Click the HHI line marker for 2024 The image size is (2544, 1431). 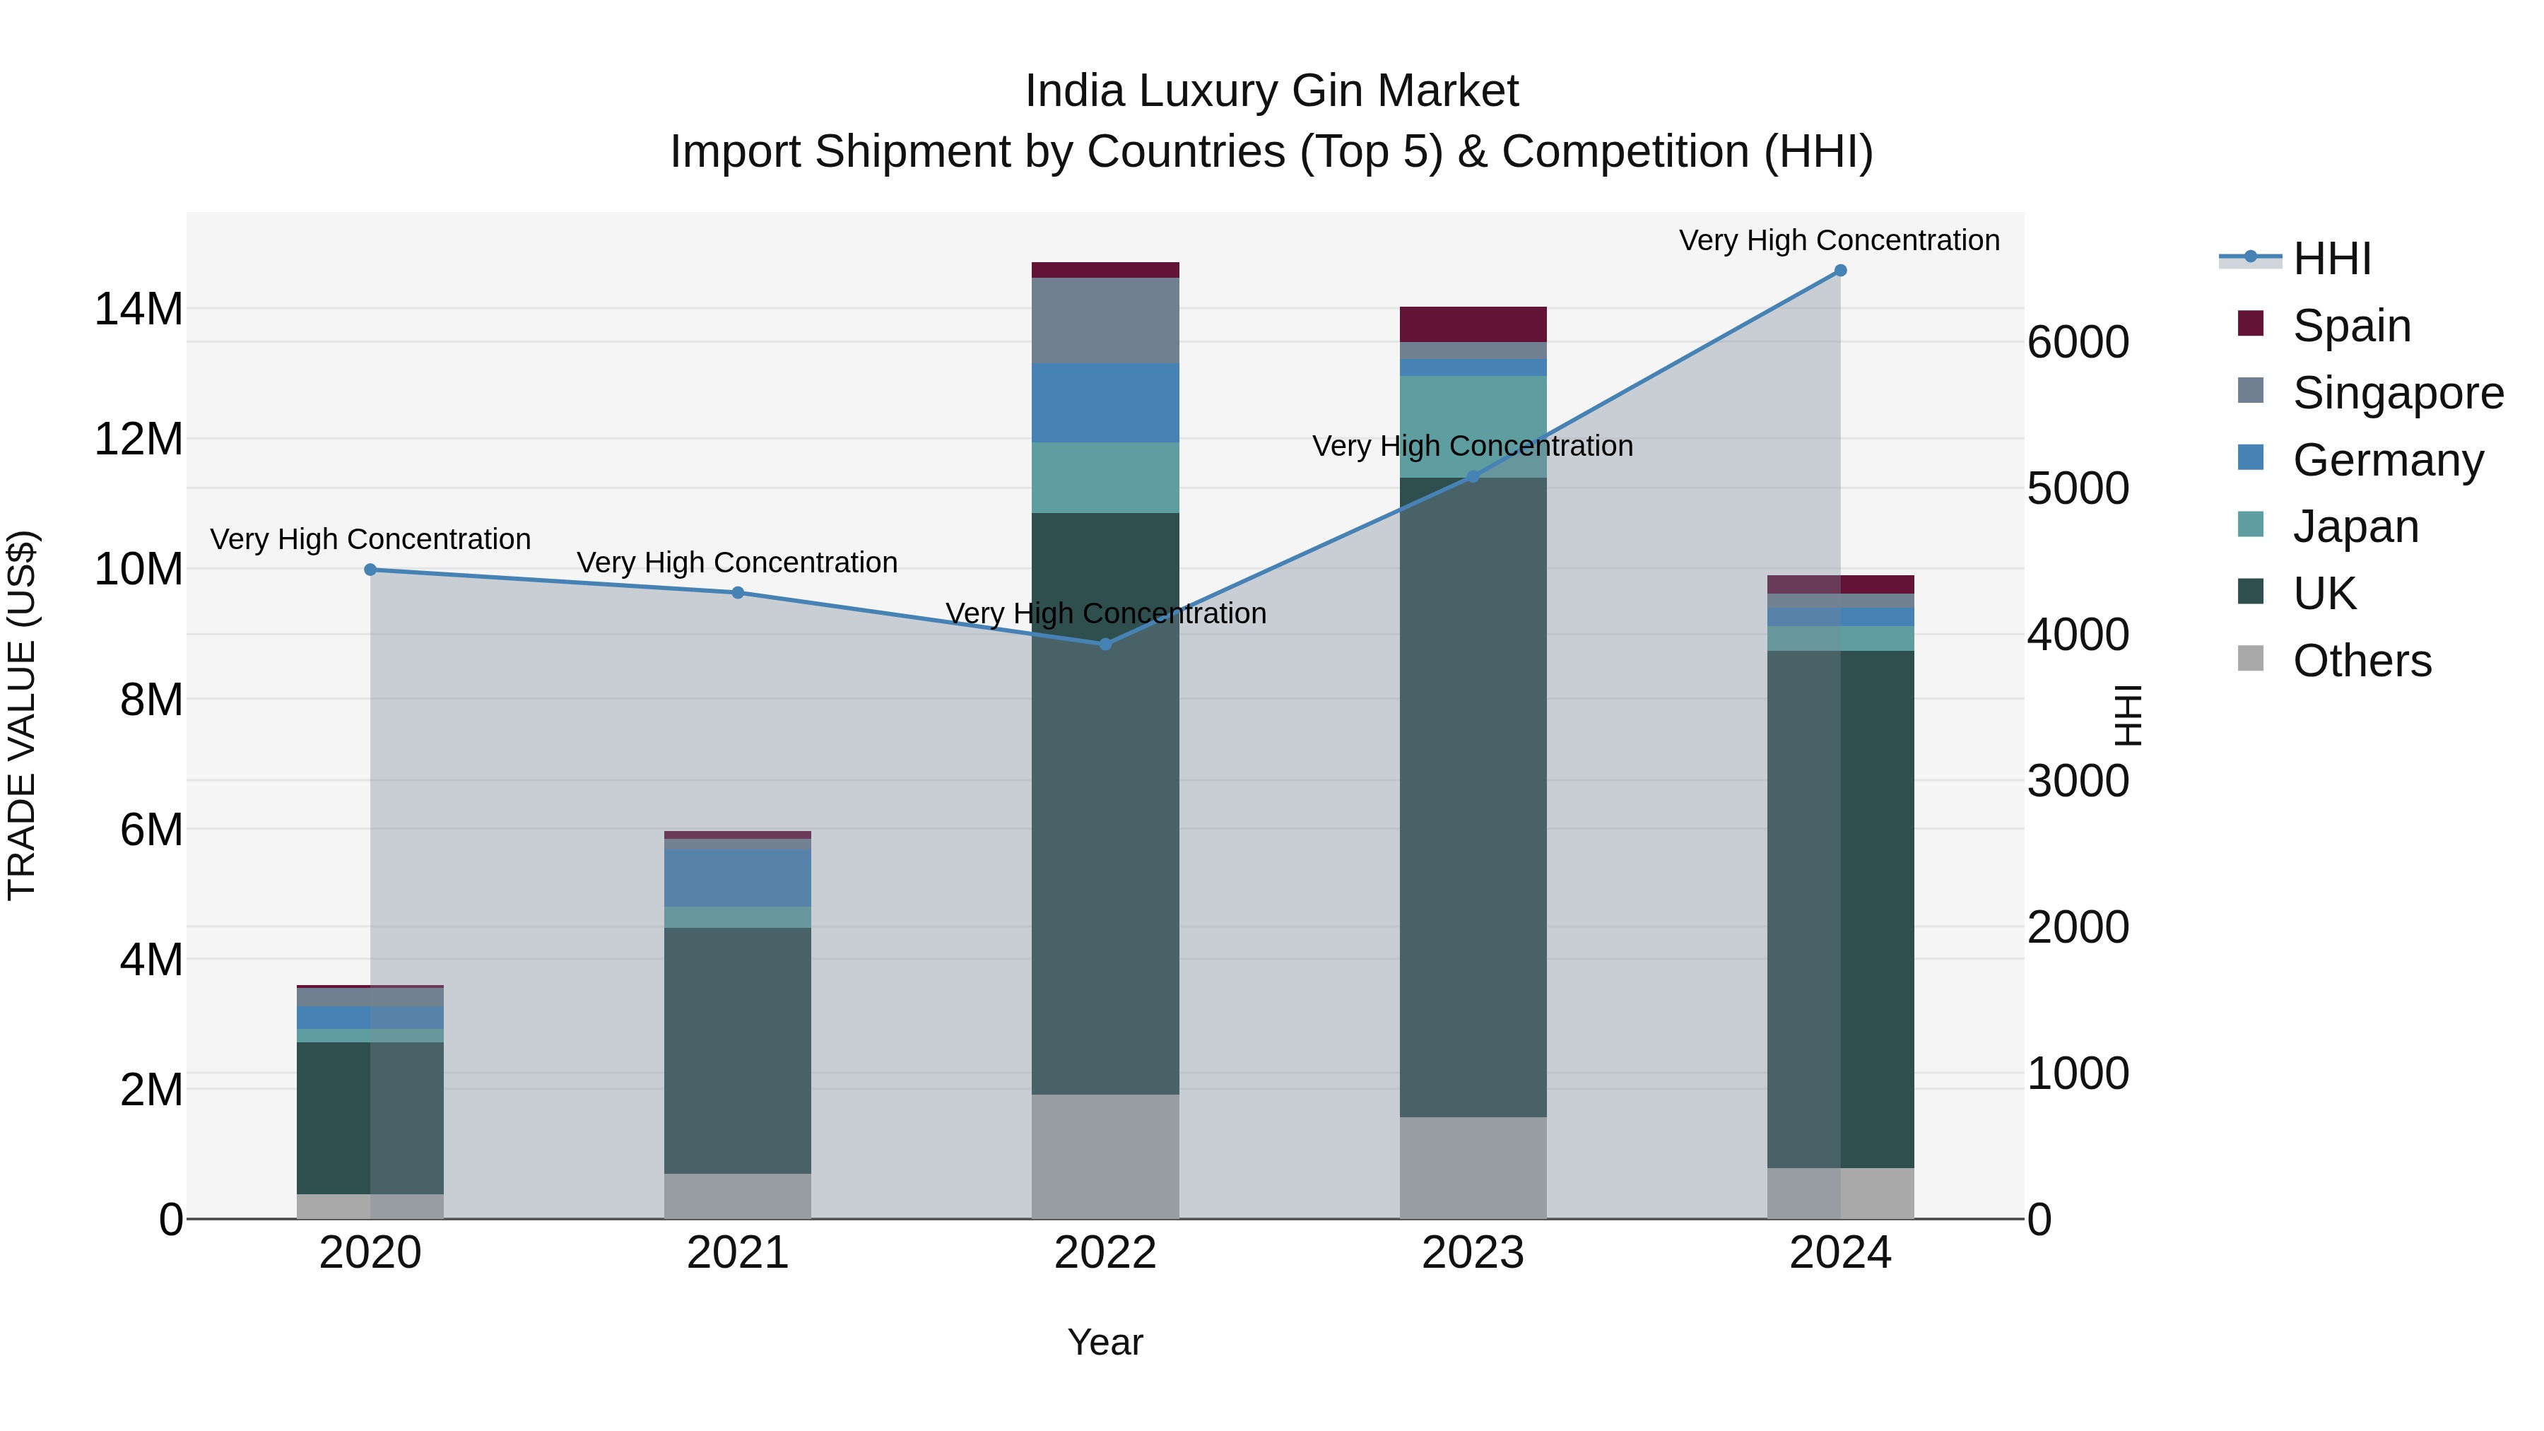point(1840,271)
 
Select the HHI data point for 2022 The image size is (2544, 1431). point(1105,644)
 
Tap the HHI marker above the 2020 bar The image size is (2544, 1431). point(370,570)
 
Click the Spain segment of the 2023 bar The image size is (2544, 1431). point(1473,324)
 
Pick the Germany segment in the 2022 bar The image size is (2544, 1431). point(1105,402)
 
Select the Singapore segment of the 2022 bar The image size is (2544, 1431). point(1105,320)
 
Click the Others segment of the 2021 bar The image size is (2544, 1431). point(738,1195)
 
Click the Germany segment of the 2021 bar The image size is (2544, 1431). point(738,877)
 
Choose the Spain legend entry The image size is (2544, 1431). point(2351,325)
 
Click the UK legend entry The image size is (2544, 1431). point(2324,594)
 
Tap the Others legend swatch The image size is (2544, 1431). point(2251,659)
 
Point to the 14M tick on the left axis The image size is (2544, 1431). point(139,309)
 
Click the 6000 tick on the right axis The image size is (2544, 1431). point(2078,343)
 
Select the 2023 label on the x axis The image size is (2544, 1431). point(1473,1253)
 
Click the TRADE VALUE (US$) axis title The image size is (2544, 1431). point(22,715)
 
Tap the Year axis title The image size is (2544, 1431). point(1105,1342)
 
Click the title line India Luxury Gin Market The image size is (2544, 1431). point(1271,91)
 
